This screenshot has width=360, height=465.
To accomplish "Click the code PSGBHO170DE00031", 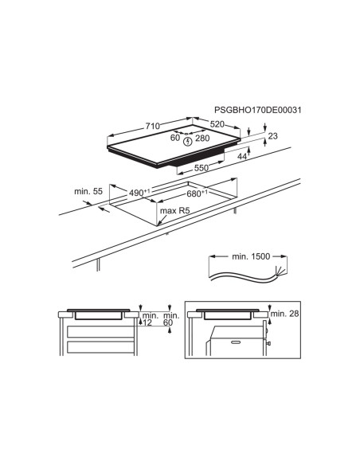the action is click(x=257, y=110).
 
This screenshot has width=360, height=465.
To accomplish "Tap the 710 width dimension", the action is click(x=153, y=126).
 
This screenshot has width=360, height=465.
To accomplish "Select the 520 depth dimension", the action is click(x=217, y=124).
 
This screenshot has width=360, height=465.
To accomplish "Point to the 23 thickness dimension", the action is click(x=273, y=136).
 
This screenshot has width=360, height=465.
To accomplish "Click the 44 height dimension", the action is click(x=242, y=156).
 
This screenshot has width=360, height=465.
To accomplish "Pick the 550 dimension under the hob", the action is click(x=202, y=168).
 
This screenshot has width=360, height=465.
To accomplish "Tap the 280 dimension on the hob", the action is click(x=202, y=139).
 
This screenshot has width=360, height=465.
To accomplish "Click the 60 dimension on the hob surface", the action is click(x=175, y=138).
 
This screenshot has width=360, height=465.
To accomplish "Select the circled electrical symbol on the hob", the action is click(x=187, y=142).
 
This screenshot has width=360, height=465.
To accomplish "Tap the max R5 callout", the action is click(x=174, y=211).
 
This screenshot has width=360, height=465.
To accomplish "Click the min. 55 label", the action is click(x=88, y=191).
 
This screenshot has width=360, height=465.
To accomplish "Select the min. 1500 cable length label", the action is click(x=251, y=256).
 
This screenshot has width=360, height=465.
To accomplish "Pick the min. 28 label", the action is click(x=284, y=314).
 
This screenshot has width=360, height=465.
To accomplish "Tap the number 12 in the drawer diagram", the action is click(x=147, y=322).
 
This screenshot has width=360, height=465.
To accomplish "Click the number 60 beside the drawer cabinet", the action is click(x=168, y=322).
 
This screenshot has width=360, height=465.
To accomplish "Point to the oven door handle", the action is click(x=236, y=342).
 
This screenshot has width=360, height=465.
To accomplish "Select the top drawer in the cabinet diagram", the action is click(x=100, y=331).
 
